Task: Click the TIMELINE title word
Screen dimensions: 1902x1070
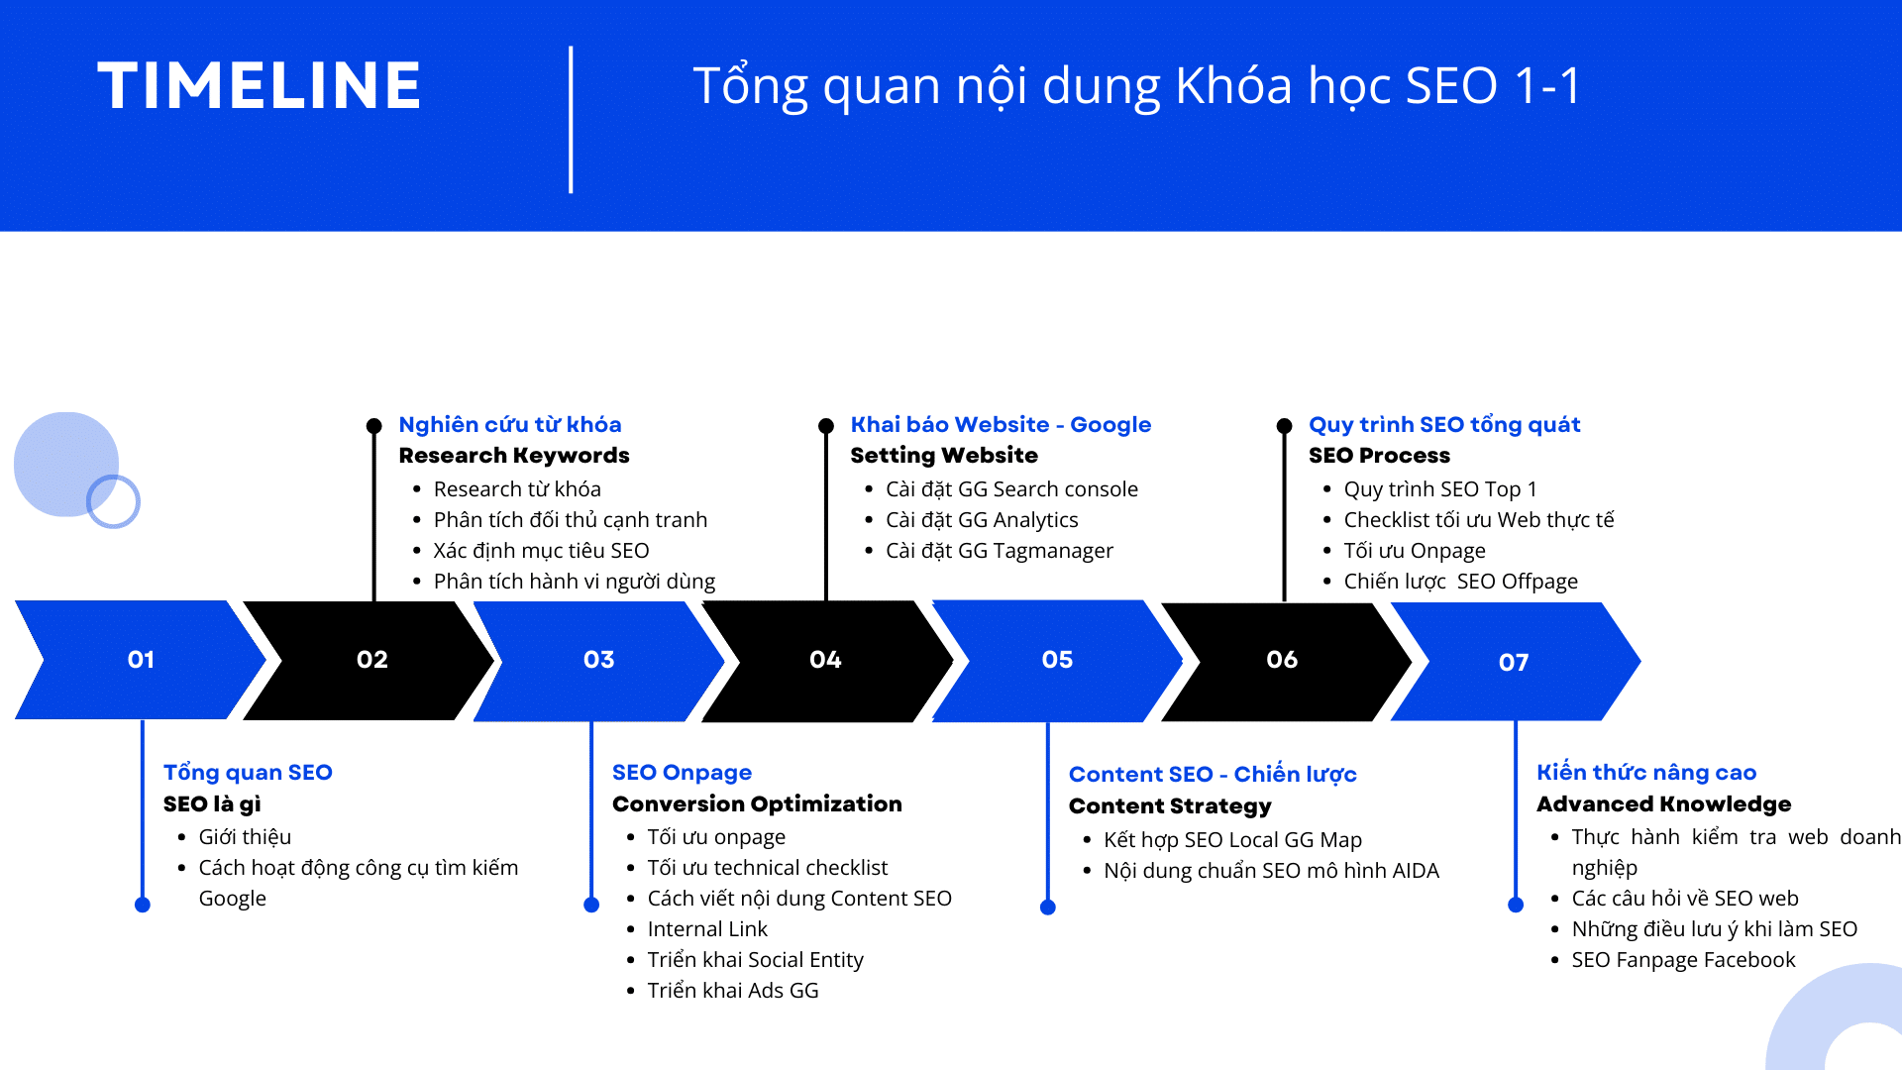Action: pyautogui.click(x=260, y=85)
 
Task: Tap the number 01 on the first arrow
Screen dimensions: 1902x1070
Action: pyautogui.click(x=141, y=660)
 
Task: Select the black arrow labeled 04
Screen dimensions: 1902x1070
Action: pyautogui.click(x=825, y=660)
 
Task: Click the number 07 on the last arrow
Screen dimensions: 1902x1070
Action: pyautogui.click(x=1513, y=663)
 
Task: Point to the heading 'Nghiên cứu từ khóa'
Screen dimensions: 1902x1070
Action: pyautogui.click(x=509, y=425)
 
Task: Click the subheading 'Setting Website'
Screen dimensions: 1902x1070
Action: pyautogui.click(x=943, y=456)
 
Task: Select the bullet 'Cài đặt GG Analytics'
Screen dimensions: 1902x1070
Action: pyautogui.click(x=981, y=520)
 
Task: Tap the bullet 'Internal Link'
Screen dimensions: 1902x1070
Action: pyautogui.click(x=706, y=929)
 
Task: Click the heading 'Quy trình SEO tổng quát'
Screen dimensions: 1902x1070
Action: pyautogui.click(x=1443, y=425)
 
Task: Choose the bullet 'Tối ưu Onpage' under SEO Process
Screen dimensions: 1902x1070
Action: pyautogui.click(x=1414, y=551)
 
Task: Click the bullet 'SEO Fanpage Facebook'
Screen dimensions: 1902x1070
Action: pyautogui.click(x=1682, y=960)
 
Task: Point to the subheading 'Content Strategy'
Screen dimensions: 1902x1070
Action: pyautogui.click(x=1169, y=806)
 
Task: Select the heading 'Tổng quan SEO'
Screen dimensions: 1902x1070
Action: pyautogui.click(x=248, y=773)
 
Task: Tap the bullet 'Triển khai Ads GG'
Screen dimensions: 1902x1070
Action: pyautogui.click(x=732, y=991)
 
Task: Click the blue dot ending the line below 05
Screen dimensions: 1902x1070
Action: pyautogui.click(x=1048, y=908)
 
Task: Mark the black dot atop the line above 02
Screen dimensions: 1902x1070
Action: pyautogui.click(x=373, y=426)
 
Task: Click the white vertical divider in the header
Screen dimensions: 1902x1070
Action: pyautogui.click(x=571, y=119)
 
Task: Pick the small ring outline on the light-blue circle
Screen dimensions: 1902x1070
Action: pyautogui.click(x=113, y=501)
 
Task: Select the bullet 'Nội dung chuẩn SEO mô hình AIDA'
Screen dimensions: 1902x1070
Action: pyautogui.click(x=1270, y=871)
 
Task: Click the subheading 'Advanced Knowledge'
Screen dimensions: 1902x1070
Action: pyautogui.click(x=1663, y=804)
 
